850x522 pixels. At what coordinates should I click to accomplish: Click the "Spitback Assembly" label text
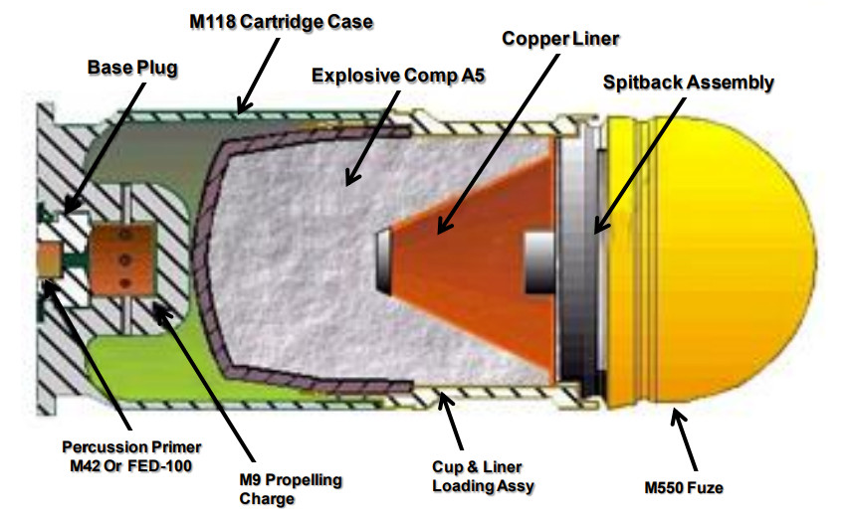pos(689,82)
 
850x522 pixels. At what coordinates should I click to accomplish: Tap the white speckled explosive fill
pos(299,268)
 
